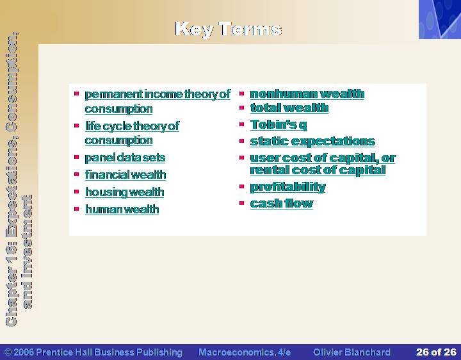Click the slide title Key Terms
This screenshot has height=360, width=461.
coord(229,29)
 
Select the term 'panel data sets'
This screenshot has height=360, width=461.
coord(125,158)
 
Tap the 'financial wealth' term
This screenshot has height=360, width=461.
coord(125,175)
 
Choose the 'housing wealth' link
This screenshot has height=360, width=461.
coord(125,192)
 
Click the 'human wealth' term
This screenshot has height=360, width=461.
coord(122,209)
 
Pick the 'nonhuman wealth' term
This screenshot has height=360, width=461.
coord(307,94)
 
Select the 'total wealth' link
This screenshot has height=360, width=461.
coord(289,108)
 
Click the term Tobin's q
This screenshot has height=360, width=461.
coord(279,125)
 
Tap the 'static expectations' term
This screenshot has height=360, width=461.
coord(312,142)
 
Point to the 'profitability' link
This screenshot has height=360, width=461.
coord(288,187)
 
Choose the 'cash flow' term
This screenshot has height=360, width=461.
coord(282,203)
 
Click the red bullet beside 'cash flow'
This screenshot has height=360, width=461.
coord(241,202)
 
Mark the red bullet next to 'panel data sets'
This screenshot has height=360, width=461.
coord(77,157)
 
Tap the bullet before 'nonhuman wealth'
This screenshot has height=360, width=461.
coord(241,94)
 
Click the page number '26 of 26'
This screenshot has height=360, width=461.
coord(436,352)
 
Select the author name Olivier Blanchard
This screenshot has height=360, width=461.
coord(352,352)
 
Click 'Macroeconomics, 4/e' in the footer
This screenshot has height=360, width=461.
coord(245,352)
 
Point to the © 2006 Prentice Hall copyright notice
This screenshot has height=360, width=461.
coord(93,352)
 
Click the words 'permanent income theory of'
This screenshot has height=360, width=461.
coord(158,94)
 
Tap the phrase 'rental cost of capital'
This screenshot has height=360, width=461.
coord(318,170)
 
